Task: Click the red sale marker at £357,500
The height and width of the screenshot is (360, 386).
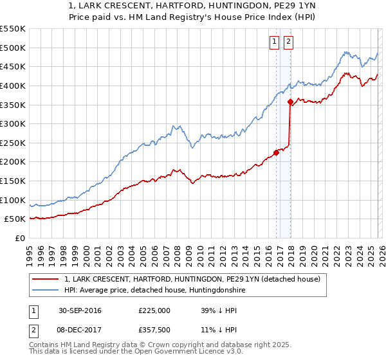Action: (290, 102)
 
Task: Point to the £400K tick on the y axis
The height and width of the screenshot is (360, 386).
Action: (13, 85)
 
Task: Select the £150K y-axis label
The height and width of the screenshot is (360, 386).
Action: (13, 181)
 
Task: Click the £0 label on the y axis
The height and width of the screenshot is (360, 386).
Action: (19, 239)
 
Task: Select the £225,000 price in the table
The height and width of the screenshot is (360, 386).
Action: (154, 310)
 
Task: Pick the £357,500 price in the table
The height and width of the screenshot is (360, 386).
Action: (154, 331)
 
